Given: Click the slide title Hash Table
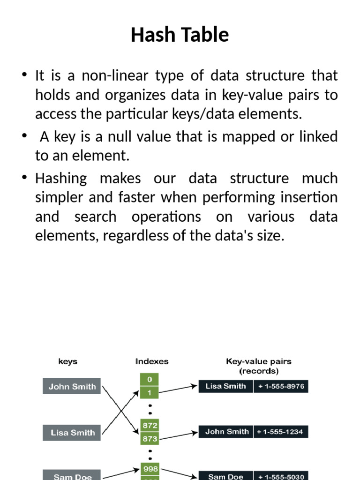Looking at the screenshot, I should click(180, 35).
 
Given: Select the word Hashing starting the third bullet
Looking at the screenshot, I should click(61, 178).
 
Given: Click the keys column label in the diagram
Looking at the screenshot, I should click(67, 361).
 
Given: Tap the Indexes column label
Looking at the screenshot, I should click(152, 361).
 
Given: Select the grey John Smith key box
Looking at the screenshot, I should click(72, 387).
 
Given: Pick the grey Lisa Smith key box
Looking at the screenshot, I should click(72, 433).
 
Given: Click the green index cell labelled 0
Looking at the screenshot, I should click(150, 379).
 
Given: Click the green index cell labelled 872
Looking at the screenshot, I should click(150, 425).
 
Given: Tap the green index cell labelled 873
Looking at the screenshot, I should click(150, 439).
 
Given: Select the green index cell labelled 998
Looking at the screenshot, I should click(150, 469).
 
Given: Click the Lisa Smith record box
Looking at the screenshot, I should click(225, 386).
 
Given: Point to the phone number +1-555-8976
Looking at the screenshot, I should click(281, 386).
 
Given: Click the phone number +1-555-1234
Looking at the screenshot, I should click(281, 432).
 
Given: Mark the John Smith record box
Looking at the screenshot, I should click(226, 432).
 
